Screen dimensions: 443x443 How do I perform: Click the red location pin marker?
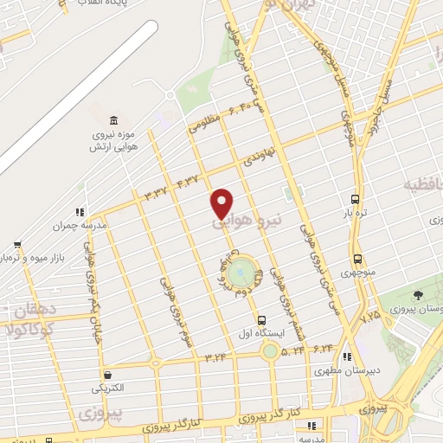221,202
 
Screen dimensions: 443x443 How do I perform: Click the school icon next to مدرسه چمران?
80,212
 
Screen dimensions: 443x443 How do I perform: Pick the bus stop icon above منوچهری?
357,260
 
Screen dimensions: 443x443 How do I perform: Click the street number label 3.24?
215,355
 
